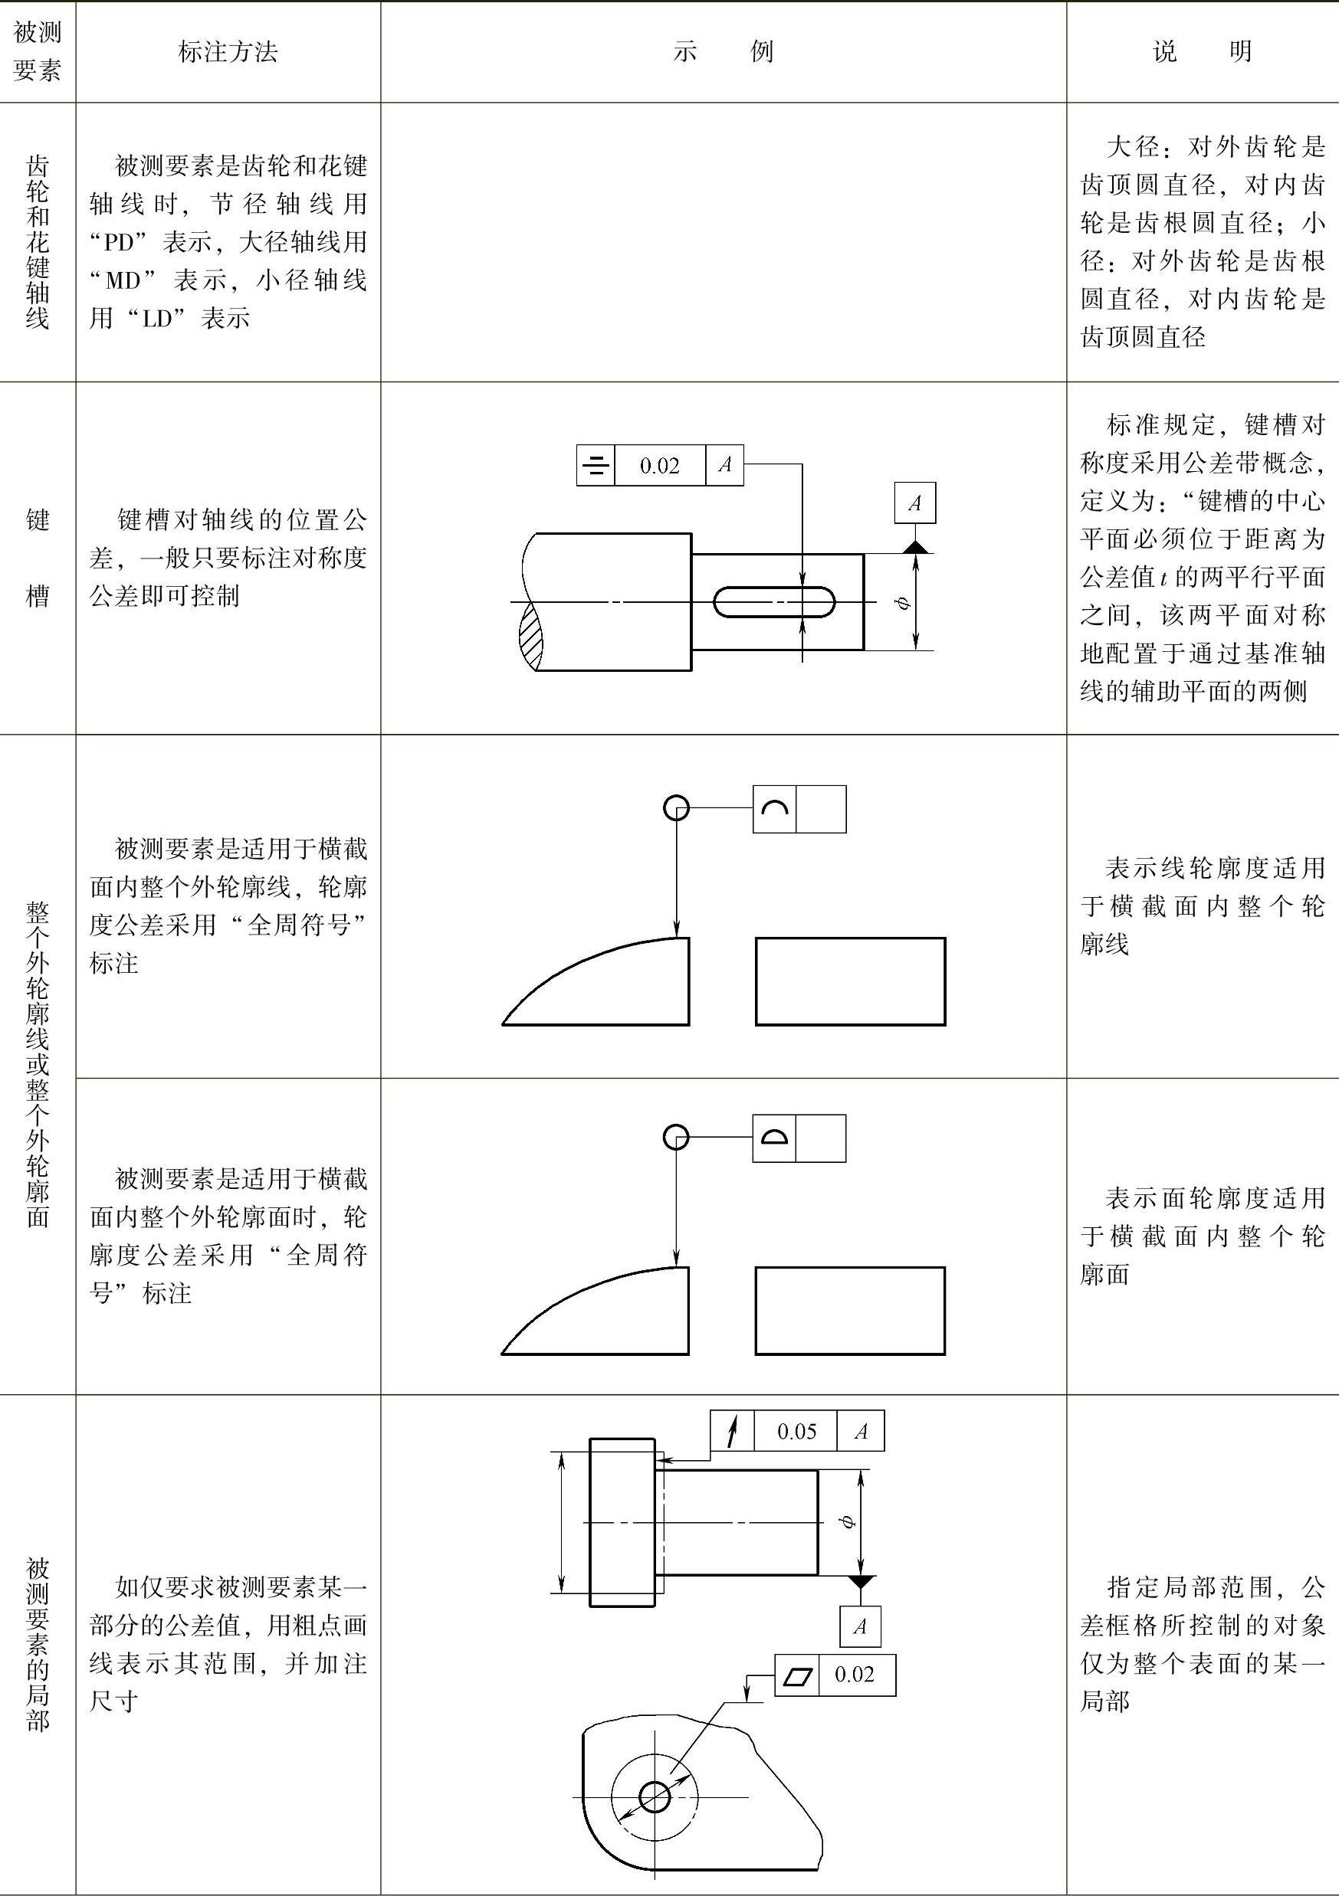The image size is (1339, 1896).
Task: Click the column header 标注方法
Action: coord(228,52)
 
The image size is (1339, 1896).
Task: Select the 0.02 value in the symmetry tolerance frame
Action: coord(659,466)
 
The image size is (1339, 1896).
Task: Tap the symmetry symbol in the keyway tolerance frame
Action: coord(596,466)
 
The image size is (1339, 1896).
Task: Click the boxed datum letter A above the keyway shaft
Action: coord(914,503)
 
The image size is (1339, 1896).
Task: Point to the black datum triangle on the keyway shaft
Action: coord(914,547)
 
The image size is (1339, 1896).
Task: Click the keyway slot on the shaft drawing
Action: coord(774,602)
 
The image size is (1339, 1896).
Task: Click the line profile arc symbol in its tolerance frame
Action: coord(774,808)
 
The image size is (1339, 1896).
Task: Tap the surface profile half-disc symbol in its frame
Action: coord(774,1138)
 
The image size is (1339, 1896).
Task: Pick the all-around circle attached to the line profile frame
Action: coord(677,807)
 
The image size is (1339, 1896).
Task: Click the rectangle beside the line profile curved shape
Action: coord(850,981)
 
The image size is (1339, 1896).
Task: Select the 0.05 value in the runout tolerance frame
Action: coord(796,1431)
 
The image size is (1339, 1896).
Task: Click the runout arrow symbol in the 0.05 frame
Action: coord(732,1431)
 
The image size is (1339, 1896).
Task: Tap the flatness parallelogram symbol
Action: coord(797,1675)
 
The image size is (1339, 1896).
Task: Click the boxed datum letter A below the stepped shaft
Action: coord(860,1626)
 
